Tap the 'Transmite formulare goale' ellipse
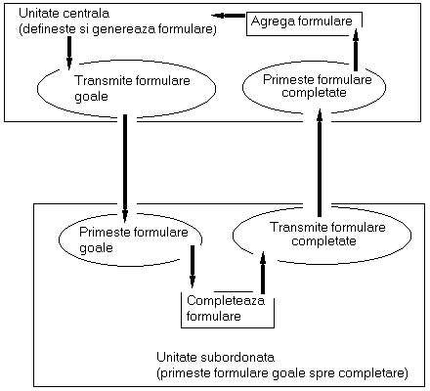[38, 88]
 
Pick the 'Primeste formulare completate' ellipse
[243, 87]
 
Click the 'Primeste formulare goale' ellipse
[60, 240]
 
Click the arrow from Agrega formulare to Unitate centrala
[228, 16]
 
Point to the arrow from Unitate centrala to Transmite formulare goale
[69, 53]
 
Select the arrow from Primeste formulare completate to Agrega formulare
[356, 50]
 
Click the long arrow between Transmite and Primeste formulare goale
[125, 168]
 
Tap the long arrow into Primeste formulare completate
[320, 163]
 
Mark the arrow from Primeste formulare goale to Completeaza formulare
[193, 267]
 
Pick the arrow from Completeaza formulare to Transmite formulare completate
[263, 273]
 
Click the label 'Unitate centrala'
[64, 14]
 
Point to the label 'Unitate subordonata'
[216, 358]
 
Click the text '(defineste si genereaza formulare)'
[117, 29]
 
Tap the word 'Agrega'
[272, 22]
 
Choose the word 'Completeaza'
[226, 301]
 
